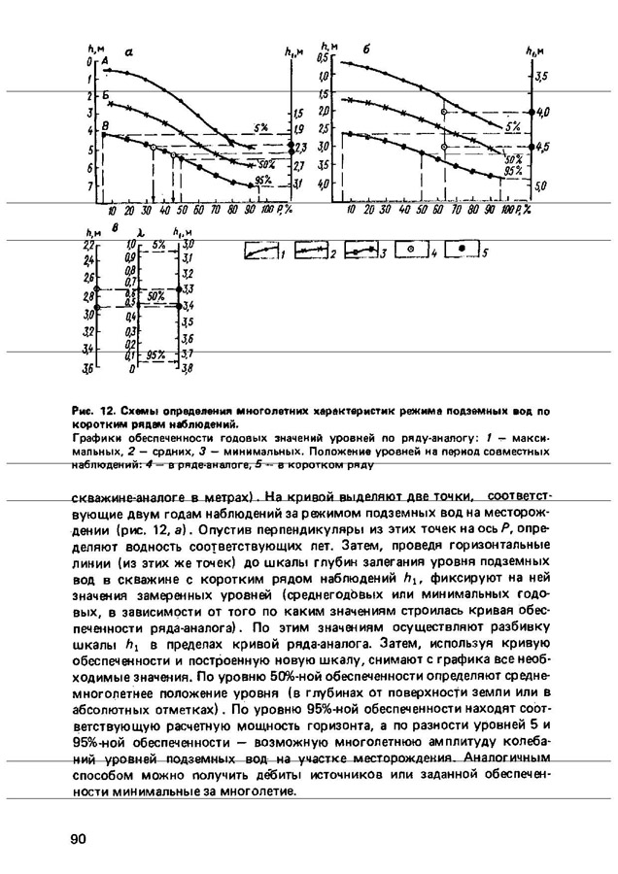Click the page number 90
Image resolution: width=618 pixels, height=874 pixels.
click(x=79, y=838)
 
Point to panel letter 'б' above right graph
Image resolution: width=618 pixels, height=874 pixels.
click(x=365, y=50)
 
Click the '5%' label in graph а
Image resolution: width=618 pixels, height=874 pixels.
click(x=261, y=127)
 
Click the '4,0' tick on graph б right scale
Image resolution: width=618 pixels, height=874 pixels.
click(x=542, y=112)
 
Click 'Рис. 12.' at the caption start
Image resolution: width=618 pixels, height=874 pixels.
click(x=91, y=412)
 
